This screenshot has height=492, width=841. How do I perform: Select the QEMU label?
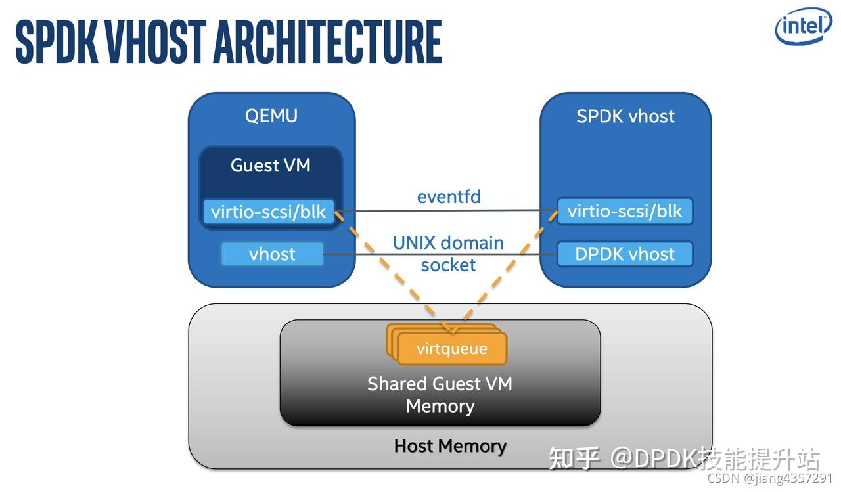271,116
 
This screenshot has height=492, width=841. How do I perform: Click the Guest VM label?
270,165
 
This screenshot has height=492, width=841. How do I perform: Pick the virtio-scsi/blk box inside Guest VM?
268,212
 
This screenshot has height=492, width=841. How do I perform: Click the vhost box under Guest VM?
272,254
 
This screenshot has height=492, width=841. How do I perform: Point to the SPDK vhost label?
625,116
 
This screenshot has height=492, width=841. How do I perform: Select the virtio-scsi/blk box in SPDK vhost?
624,212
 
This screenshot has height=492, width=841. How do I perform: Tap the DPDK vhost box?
624,254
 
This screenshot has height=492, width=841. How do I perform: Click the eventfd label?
449,196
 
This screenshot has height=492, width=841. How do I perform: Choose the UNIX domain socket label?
448,254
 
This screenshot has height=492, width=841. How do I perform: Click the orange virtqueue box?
452,348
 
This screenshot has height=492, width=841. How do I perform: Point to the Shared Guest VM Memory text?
440,394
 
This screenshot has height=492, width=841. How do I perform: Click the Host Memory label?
450,446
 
